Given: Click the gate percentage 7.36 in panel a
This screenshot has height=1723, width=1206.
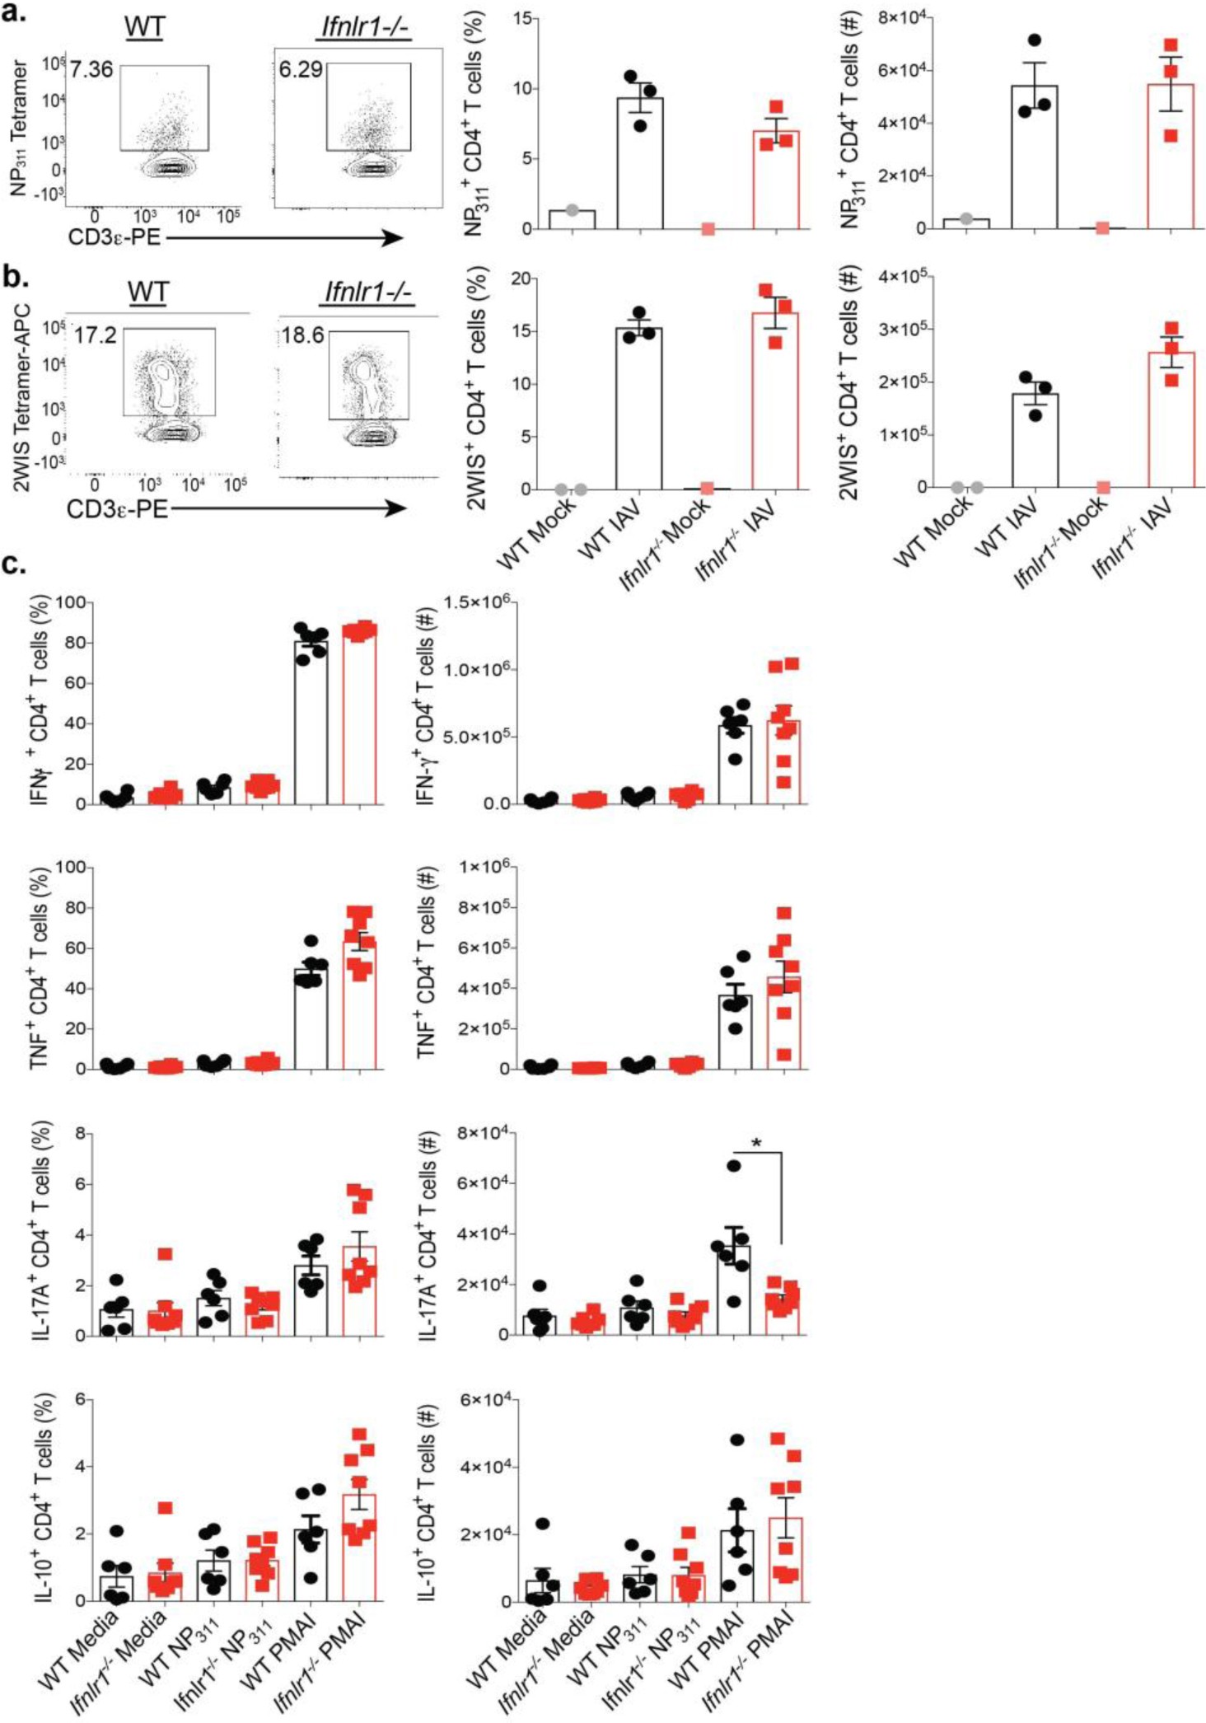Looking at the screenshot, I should (x=91, y=69).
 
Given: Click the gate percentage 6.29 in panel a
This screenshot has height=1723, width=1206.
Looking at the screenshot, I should (x=300, y=69).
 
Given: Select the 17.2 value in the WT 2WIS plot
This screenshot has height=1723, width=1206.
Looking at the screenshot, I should (x=95, y=335).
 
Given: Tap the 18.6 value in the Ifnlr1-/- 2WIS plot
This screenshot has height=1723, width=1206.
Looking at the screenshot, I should (x=302, y=335).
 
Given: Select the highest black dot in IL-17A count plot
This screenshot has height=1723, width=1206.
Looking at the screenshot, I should (x=733, y=1165).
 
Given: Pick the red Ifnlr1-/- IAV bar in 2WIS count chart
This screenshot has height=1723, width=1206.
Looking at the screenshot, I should (x=1171, y=420).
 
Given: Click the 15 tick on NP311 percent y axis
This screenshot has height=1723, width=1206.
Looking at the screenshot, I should (x=521, y=19).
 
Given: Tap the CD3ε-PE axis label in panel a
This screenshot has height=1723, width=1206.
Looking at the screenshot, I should (x=115, y=238).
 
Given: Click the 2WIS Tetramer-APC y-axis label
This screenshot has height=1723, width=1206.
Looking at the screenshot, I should (x=22, y=398).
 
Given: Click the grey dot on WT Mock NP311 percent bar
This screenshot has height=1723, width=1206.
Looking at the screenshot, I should (x=572, y=210).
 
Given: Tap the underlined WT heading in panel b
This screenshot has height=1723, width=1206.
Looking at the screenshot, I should (x=148, y=293).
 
